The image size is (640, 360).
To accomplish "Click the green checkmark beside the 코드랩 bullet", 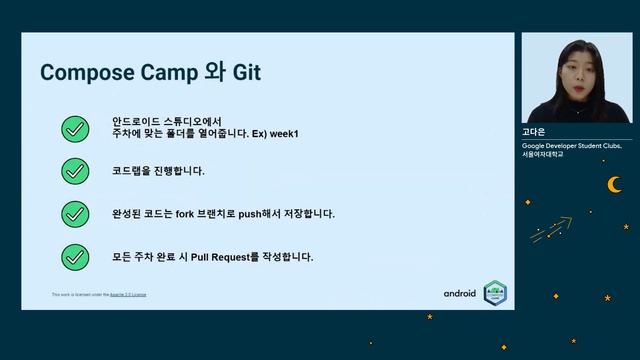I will pyautogui.click(x=75, y=171).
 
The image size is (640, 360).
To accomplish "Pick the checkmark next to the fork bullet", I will pyautogui.click(x=75, y=214).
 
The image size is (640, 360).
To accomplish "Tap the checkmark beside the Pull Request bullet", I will pyautogui.click(x=75, y=257).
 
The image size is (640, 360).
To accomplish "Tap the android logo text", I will pyautogui.click(x=460, y=293).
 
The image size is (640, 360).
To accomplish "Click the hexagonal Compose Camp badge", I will pyautogui.click(x=495, y=292).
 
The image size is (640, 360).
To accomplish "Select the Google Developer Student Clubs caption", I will pyautogui.click(x=571, y=145).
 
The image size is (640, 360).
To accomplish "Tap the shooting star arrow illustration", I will pyautogui.click(x=552, y=229).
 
